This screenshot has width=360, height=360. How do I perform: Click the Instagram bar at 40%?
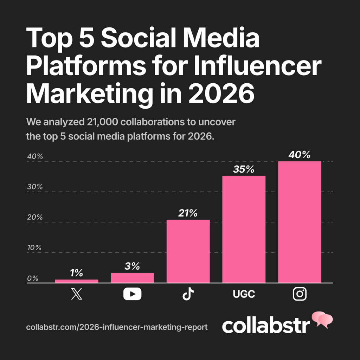[300, 221]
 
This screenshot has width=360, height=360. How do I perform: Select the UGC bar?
[244, 229]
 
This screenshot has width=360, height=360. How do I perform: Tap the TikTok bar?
[188, 251]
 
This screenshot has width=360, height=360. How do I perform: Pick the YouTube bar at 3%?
[132, 277]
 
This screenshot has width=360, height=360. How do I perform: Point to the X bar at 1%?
[77, 281]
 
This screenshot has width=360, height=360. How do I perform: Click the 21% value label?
[188, 213]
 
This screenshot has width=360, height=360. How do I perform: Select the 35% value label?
[244, 169]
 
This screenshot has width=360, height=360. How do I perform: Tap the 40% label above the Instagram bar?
[300, 154]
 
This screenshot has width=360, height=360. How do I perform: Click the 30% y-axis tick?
[34, 187]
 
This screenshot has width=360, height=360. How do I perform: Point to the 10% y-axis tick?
[34, 247]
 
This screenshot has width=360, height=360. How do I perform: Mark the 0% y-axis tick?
[32, 278]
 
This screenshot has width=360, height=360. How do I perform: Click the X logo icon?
[77, 294]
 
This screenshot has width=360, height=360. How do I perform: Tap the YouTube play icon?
[132, 294]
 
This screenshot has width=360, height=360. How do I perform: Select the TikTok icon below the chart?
[188, 294]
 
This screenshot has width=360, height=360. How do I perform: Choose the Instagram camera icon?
[300, 294]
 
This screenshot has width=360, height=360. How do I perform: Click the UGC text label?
[244, 294]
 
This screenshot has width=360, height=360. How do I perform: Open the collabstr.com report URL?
[117, 327]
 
